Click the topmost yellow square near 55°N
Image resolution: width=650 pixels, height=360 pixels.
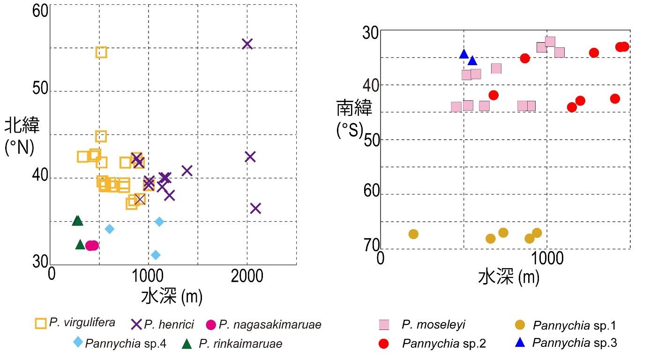click(101, 52)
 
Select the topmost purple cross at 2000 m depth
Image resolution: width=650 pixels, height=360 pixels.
click(247, 44)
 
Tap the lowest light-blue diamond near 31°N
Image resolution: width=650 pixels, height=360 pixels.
click(156, 255)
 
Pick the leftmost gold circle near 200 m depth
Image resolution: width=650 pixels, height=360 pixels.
click(413, 234)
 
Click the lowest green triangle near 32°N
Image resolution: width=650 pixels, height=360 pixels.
click(80, 245)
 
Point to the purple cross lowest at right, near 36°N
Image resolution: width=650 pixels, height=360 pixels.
click(255, 208)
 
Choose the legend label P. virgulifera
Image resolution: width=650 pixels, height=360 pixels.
click(82, 322)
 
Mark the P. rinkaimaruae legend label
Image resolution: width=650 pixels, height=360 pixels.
click(240, 344)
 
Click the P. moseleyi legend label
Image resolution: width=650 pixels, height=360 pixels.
click(433, 324)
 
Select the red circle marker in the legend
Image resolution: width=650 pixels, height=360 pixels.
click(384, 344)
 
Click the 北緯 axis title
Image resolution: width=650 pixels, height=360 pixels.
click(22, 126)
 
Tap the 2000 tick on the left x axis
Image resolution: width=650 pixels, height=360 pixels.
click(247, 275)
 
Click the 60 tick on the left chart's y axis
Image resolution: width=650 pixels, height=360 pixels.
click(41, 11)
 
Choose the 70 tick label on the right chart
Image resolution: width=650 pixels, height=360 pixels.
click(371, 245)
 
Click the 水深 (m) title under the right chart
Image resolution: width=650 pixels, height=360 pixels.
click(509, 278)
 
